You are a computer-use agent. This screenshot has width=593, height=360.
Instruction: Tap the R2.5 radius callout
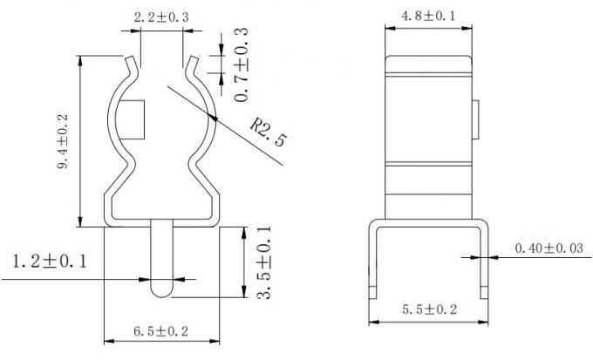point(267,132)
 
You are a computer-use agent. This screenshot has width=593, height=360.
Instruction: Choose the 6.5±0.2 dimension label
point(163,330)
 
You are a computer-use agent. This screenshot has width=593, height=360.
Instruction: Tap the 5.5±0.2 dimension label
point(428,309)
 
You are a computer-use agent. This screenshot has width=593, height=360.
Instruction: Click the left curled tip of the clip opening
point(132,63)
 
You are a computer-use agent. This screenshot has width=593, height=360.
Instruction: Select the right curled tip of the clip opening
point(193,63)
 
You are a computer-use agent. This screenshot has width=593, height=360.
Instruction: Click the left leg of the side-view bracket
point(371,262)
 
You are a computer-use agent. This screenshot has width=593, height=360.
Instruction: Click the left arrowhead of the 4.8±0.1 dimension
point(390,26)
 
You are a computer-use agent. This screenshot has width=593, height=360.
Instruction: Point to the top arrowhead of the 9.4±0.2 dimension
point(80,61)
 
